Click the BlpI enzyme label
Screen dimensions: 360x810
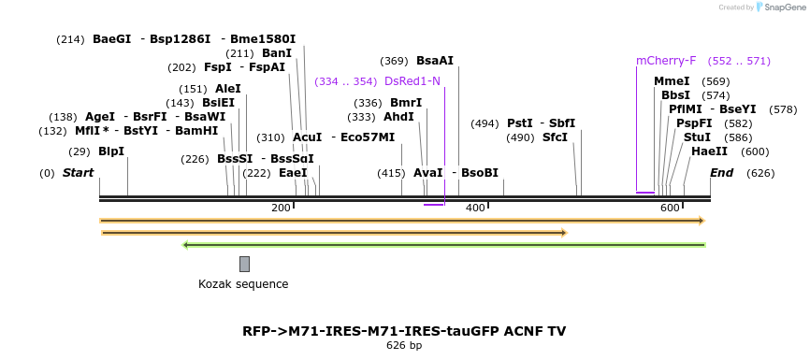(110, 151)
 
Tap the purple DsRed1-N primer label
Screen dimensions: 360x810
(412, 81)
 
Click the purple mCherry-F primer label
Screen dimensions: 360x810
(666, 61)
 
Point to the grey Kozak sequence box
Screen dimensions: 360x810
(244, 264)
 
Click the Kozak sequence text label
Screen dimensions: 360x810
(243, 284)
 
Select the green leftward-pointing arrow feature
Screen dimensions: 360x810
(443, 245)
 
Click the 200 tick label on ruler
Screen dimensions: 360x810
(281, 208)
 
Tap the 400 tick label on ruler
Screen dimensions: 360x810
(475, 208)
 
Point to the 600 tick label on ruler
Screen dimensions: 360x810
(670, 208)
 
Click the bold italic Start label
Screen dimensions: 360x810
(78, 173)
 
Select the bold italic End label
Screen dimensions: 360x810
(721, 173)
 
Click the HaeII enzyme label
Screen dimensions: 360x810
(709, 151)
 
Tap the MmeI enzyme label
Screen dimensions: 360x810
(672, 81)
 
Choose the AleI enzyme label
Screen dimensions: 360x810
(227, 89)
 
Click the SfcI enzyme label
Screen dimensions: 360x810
(555, 137)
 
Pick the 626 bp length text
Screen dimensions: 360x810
(404, 345)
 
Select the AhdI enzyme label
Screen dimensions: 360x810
(398, 117)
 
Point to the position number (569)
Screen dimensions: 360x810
(716, 81)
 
